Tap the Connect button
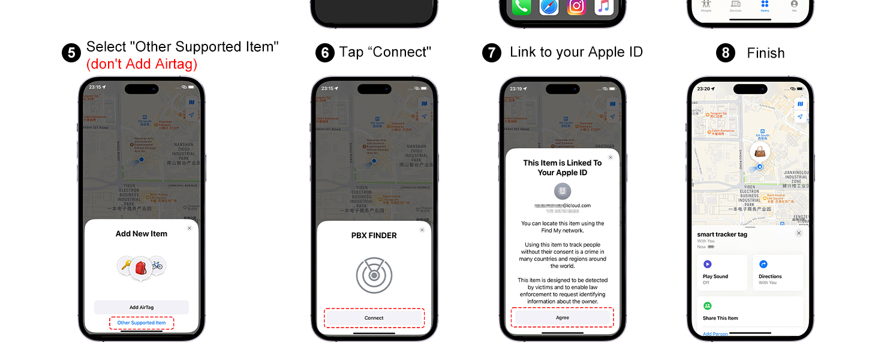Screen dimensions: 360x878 [374, 318]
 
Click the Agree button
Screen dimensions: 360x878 [562, 317]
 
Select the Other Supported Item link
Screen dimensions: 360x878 [142, 323]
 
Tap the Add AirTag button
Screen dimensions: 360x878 [142, 307]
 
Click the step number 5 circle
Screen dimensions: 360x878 [71, 53]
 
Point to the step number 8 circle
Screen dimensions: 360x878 [725, 53]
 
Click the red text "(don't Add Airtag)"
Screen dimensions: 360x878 [142, 64]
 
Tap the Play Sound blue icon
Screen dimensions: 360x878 [707, 264]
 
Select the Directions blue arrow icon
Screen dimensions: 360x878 [763, 264]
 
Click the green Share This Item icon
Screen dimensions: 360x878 [707, 306]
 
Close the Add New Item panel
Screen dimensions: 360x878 [190, 228]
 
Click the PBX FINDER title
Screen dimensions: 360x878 [374, 236]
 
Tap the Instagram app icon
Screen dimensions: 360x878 [576, 6]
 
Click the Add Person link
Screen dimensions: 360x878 [715, 334]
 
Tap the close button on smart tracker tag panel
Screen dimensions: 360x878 [798, 233]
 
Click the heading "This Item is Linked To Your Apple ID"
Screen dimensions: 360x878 [562, 167]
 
